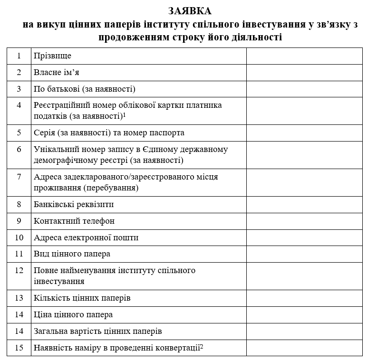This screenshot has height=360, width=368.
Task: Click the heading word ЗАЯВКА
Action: point(190,10)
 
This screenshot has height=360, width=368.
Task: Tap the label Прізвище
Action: point(52,56)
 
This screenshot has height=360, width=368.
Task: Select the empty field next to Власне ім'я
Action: point(304,73)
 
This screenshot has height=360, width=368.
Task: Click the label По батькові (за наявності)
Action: point(85,89)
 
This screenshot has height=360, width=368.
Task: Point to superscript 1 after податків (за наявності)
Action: point(124,114)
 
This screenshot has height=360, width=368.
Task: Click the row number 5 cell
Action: point(19,133)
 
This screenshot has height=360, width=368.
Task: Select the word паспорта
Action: point(166,133)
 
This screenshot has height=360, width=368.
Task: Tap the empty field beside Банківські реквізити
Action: point(304,205)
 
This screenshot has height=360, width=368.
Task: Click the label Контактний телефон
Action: point(74,221)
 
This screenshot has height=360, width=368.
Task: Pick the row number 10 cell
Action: point(19,237)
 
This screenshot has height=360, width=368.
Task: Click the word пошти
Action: point(127,237)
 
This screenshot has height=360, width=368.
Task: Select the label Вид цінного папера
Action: point(72,254)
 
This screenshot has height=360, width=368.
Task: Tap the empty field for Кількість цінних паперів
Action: point(304,298)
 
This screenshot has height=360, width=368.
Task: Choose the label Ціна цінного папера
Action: point(73,314)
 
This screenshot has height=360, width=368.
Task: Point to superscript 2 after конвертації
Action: point(202,346)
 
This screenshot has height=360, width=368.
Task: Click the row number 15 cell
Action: point(19,348)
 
